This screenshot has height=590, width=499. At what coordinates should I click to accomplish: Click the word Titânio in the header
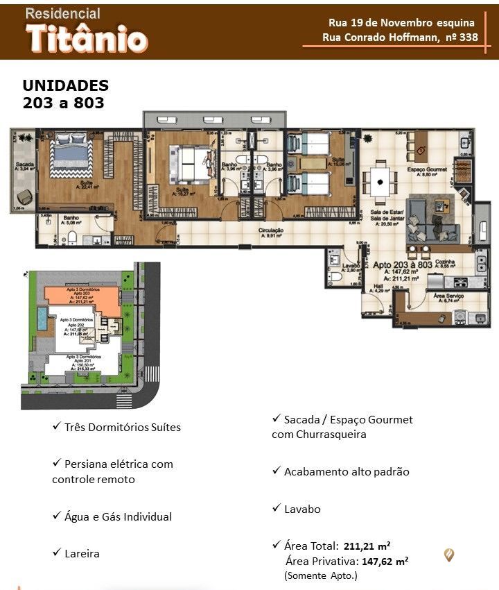pyautogui.click(x=87, y=39)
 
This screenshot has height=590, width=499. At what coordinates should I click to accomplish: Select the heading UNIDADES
pyautogui.click(x=66, y=85)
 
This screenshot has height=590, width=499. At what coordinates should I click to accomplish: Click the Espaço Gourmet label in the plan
pyautogui.click(x=427, y=169)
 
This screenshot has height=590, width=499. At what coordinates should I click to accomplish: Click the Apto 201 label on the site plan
pyautogui.click(x=84, y=358)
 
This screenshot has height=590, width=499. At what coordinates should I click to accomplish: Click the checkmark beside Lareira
pyautogui.click(x=56, y=553)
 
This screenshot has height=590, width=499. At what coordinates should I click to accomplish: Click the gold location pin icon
pyautogui.click(x=449, y=555)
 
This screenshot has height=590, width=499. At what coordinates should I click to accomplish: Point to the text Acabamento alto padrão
pyautogui.click(x=347, y=471)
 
